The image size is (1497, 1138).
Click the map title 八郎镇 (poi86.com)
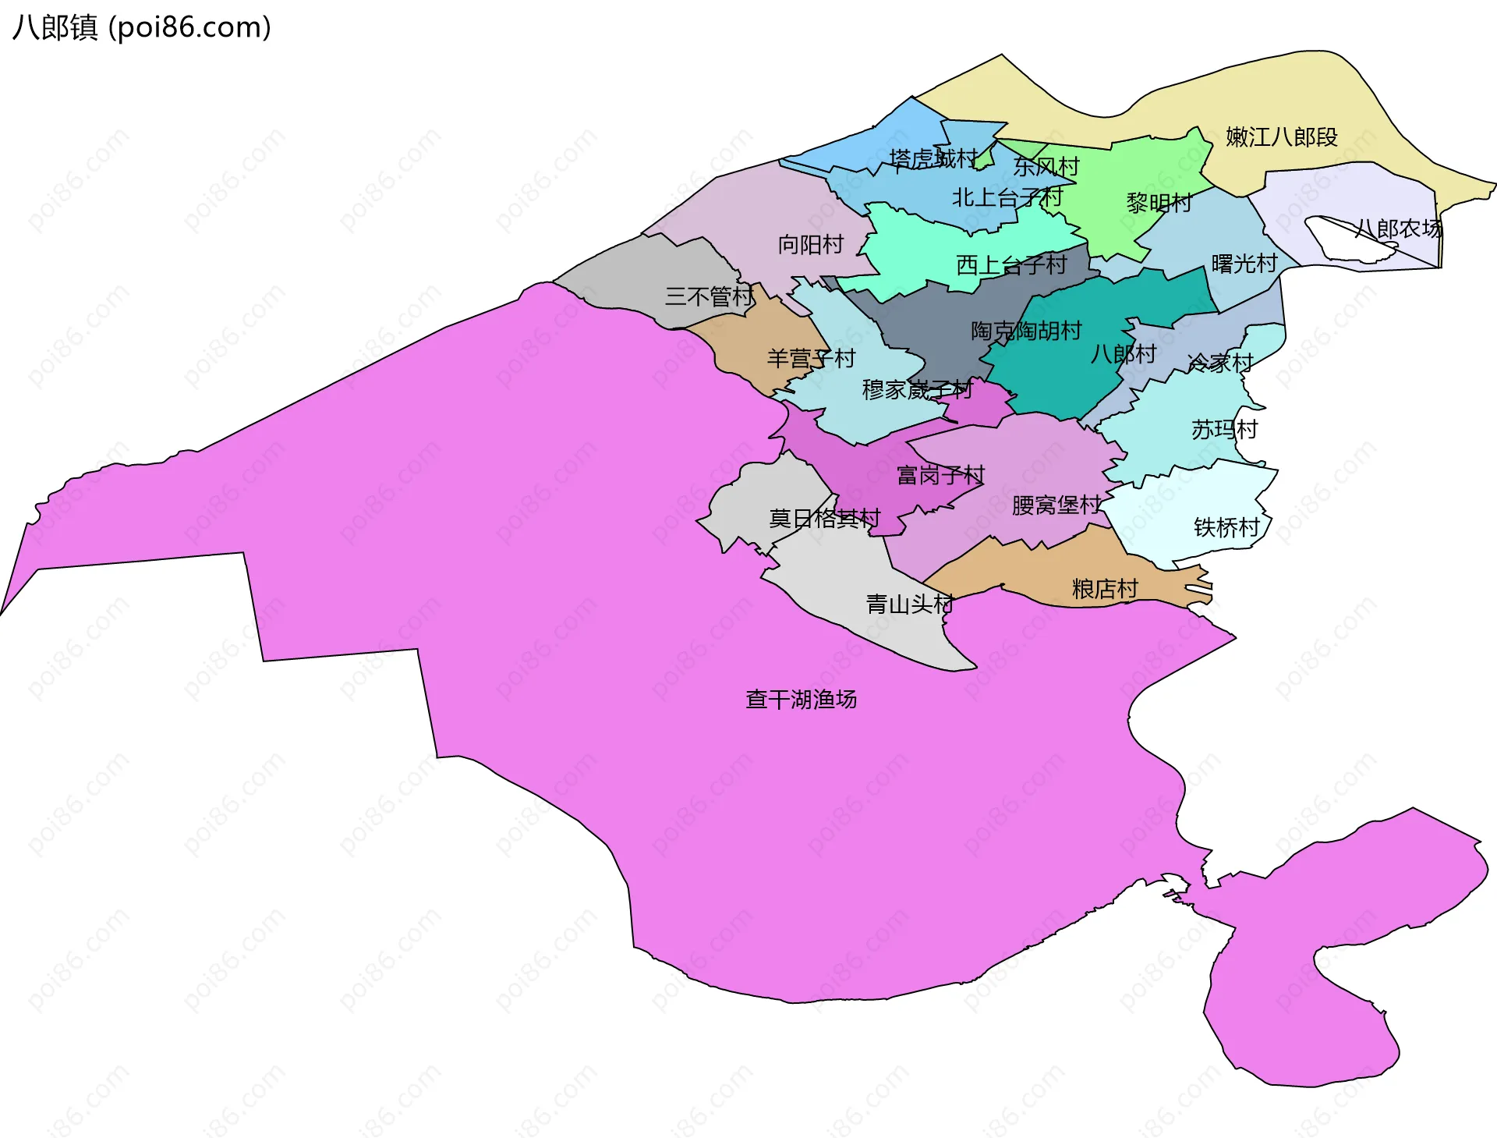[141, 27]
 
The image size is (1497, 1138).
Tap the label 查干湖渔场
[801, 699]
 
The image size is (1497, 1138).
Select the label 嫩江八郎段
[1281, 137]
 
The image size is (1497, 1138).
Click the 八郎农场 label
[1398, 229]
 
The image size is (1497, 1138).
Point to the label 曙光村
[1244, 264]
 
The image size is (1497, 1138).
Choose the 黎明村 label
[1159, 204]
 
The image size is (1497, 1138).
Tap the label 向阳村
[810, 245]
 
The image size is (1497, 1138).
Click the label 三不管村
[709, 296]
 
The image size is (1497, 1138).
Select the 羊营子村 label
[811, 359]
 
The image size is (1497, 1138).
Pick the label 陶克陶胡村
[1025, 331]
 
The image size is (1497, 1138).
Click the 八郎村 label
[1123, 354]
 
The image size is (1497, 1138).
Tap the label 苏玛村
[1224, 429]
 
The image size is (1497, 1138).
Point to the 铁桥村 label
[1226, 528]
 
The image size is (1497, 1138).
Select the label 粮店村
[1105, 589]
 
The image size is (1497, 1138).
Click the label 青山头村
[910, 604]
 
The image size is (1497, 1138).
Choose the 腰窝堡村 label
[1056, 505]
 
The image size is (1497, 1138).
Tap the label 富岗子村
[940, 475]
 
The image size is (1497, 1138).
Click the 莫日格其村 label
[824, 519]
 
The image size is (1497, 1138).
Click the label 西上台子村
[1010, 265]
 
